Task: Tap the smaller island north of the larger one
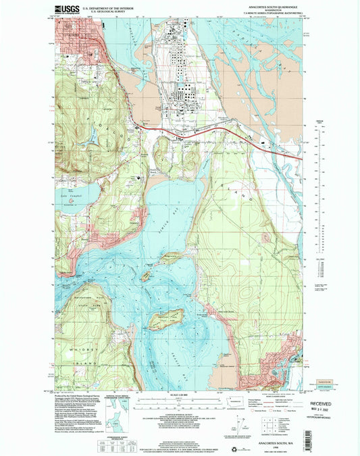coord(145,276)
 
